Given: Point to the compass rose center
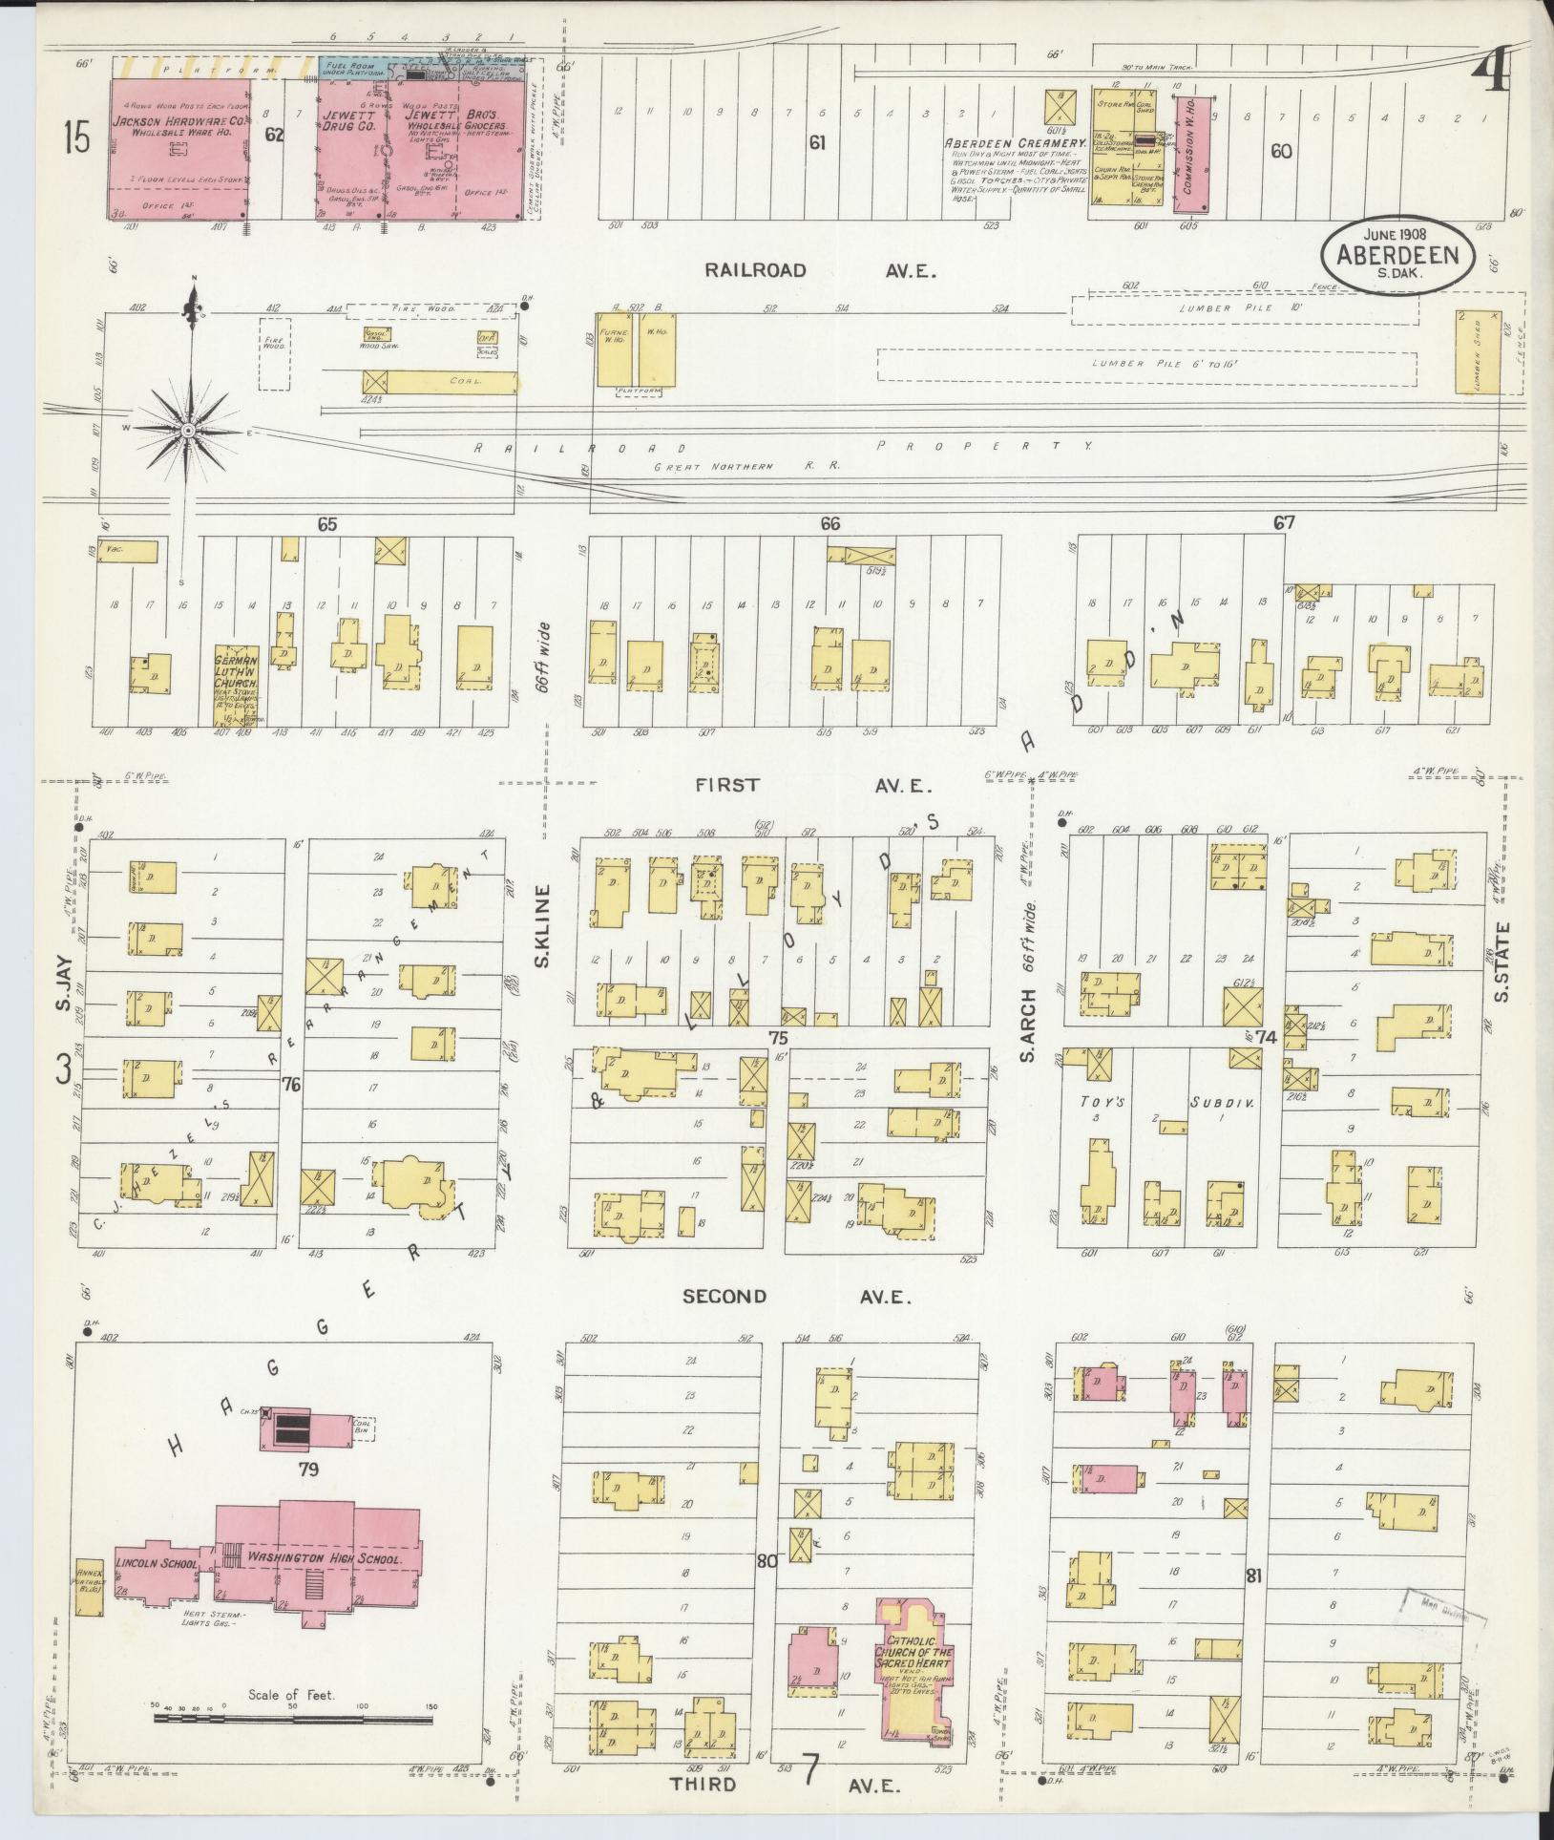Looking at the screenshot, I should pos(188,432).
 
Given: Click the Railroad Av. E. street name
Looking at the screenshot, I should pos(820,271).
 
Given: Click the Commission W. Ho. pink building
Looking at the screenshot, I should pos(1189,156).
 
